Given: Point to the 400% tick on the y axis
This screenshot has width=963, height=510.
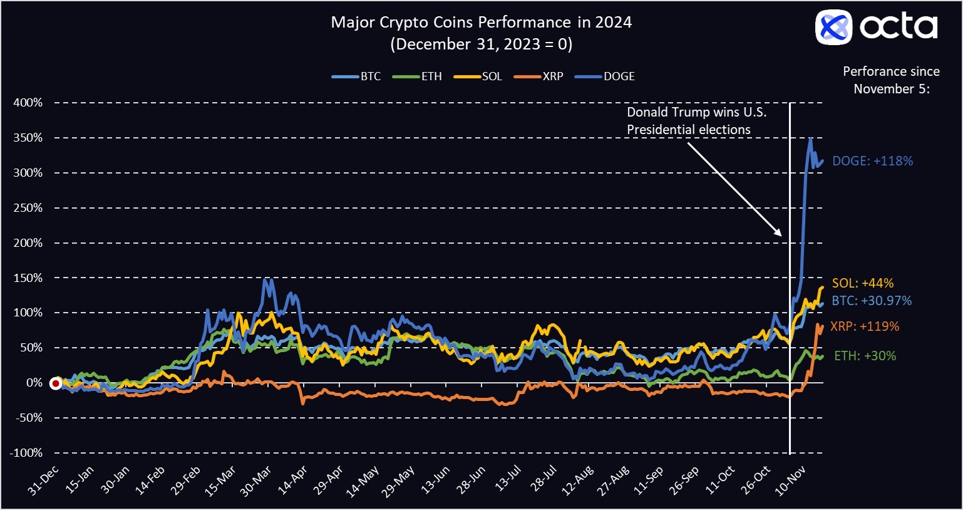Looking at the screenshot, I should click(28, 102).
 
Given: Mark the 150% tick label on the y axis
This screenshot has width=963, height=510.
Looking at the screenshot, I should click(28, 278).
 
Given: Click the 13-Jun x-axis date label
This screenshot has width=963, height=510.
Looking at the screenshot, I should click(436, 481).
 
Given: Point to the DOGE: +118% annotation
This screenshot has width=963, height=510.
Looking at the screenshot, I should click(872, 161).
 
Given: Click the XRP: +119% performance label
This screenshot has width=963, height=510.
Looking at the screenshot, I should click(864, 326).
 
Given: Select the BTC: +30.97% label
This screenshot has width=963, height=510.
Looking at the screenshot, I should click(871, 301).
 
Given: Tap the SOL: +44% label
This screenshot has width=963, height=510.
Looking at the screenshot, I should click(862, 283).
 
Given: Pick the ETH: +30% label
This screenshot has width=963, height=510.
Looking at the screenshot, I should click(865, 356).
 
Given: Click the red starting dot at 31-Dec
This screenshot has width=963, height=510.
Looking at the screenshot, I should click(56, 383).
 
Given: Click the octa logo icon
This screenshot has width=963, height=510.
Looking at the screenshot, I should click(833, 28).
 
